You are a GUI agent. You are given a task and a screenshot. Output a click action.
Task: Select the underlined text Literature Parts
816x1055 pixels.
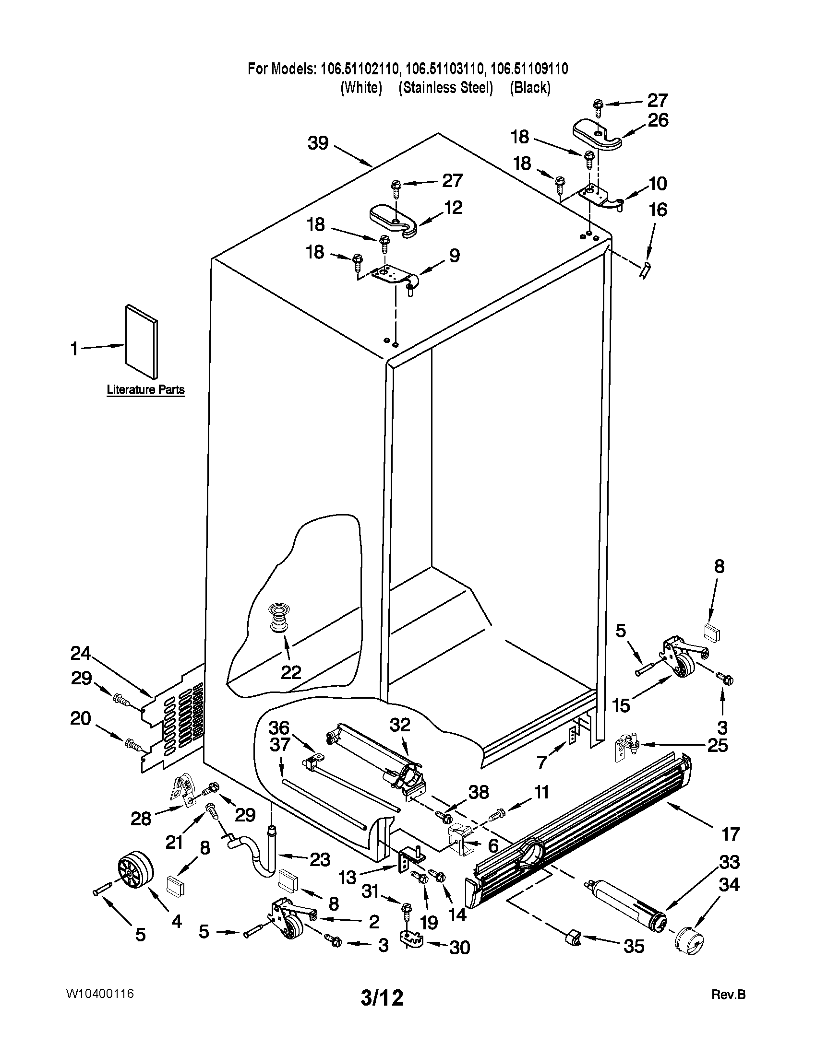[145, 390]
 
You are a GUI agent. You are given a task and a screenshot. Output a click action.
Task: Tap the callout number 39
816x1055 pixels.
[318, 143]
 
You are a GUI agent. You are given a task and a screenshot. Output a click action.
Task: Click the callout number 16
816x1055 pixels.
[658, 210]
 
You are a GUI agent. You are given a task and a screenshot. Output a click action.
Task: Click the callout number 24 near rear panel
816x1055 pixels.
[81, 654]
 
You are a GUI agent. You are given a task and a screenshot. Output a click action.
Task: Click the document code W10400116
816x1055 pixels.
[100, 994]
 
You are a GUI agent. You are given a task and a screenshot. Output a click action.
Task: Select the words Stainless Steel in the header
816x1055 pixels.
[446, 88]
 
